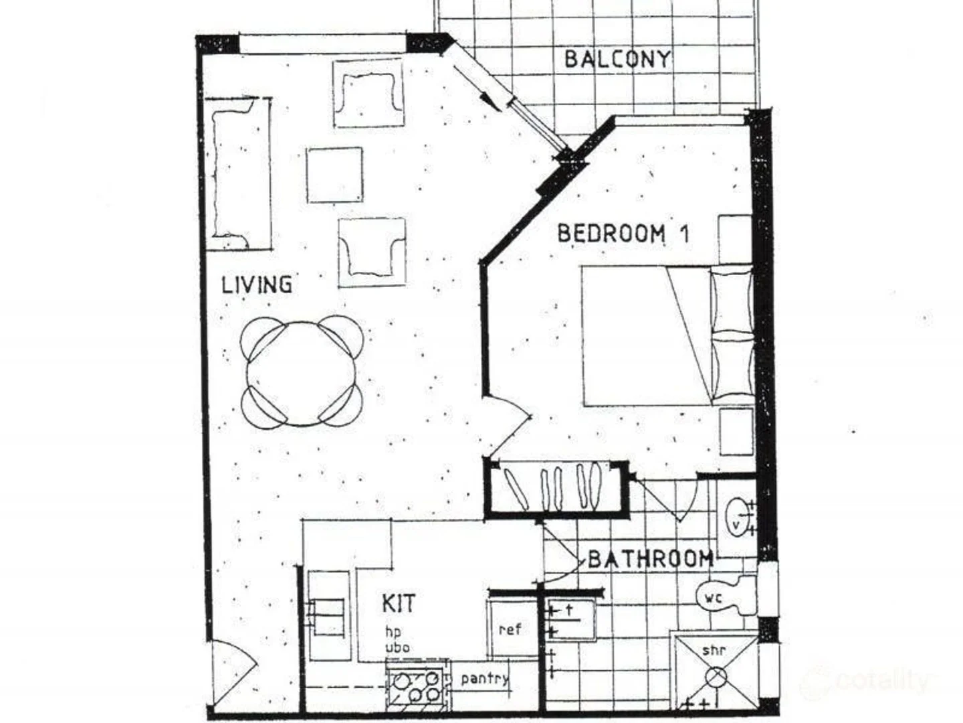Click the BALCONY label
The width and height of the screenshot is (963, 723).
point(617,59)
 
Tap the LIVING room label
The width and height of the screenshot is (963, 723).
point(257,285)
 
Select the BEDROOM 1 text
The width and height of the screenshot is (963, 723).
point(623,234)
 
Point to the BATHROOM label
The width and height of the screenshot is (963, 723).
point(650,558)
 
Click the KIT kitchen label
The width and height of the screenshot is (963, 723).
point(398,602)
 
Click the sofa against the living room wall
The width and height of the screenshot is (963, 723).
point(237,174)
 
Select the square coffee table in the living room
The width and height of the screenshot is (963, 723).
point(335,175)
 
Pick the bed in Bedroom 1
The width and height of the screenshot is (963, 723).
point(665,335)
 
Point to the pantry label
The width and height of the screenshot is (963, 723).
point(484,679)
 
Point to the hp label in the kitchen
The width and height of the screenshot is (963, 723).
point(393,632)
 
